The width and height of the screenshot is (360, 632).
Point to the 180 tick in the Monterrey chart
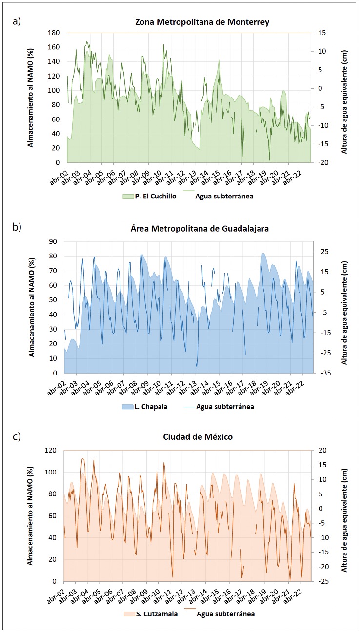(54, 33)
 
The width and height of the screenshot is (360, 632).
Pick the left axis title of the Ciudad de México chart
(31, 516)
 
